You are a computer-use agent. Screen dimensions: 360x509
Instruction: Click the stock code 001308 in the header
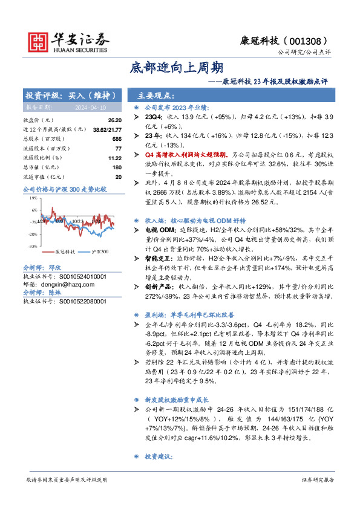tap(313, 40)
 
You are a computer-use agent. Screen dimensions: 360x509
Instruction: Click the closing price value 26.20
tap(115, 120)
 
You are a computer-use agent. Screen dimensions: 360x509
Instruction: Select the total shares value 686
tap(117, 138)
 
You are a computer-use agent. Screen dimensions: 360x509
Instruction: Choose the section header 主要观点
tap(156, 96)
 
